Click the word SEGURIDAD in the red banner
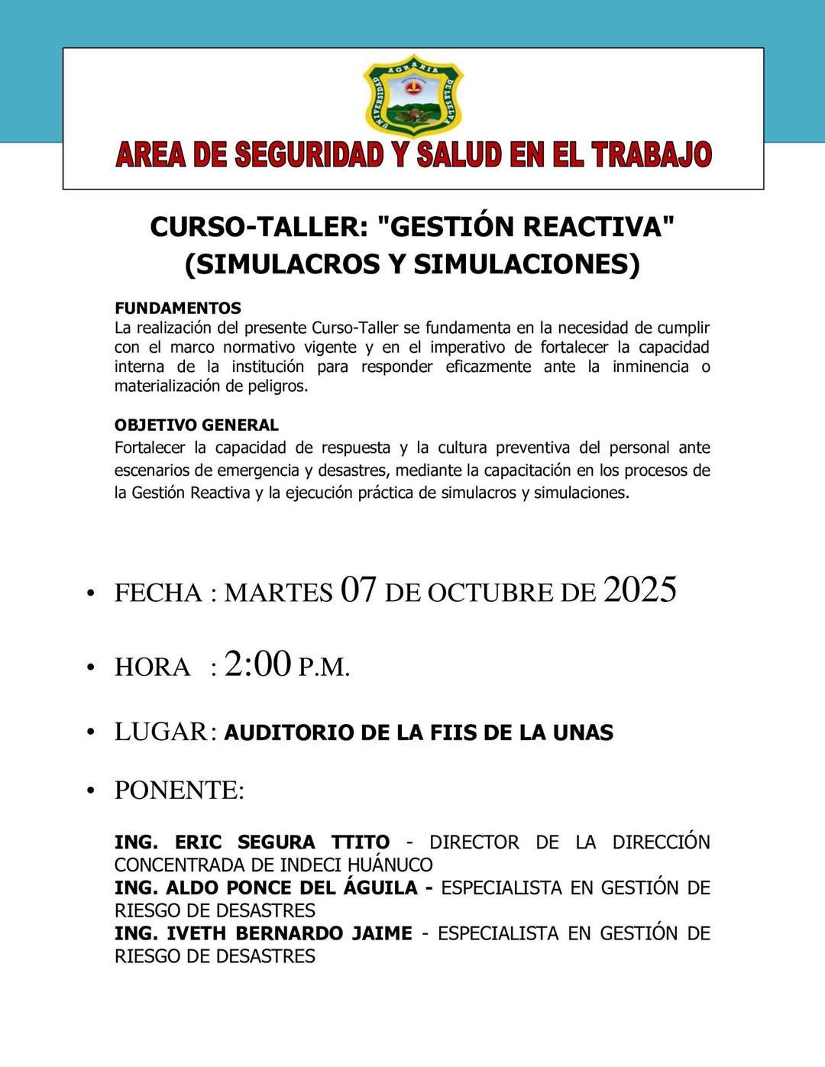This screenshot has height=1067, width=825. point(309,155)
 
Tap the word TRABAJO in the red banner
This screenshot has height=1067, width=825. point(652,155)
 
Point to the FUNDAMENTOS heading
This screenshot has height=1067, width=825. point(177,308)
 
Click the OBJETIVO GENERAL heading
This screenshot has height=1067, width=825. point(196,425)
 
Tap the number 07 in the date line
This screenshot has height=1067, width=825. point(358,590)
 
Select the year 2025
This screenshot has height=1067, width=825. point(639,590)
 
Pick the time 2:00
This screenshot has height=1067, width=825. point(257,664)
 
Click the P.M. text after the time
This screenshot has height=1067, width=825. point(324,668)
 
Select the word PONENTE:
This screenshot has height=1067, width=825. point(180,791)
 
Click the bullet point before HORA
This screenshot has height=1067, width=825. point(90,668)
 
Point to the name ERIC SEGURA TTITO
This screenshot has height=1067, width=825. point(282,842)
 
